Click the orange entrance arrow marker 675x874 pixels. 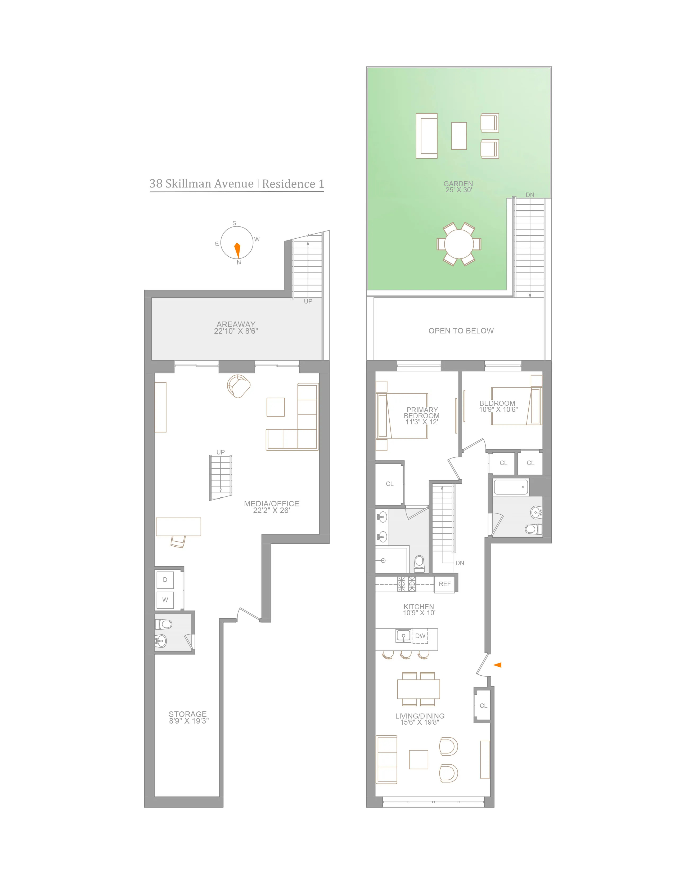pyautogui.click(x=497, y=665)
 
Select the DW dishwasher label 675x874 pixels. pyautogui.click(x=420, y=635)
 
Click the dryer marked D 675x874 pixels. pyautogui.click(x=165, y=580)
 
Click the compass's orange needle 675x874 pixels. pyautogui.click(x=237, y=250)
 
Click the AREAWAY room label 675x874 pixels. pyautogui.click(x=236, y=327)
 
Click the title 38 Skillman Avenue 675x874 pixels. pyautogui.click(x=201, y=184)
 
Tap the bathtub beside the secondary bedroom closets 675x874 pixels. pyautogui.click(x=511, y=487)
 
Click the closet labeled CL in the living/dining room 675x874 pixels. pyautogui.click(x=483, y=706)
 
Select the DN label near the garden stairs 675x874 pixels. pyautogui.click(x=530, y=195)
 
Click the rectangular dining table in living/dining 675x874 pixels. pyautogui.click(x=418, y=689)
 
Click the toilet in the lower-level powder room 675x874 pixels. pyautogui.click(x=164, y=624)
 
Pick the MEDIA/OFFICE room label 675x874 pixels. pyautogui.click(x=272, y=507)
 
